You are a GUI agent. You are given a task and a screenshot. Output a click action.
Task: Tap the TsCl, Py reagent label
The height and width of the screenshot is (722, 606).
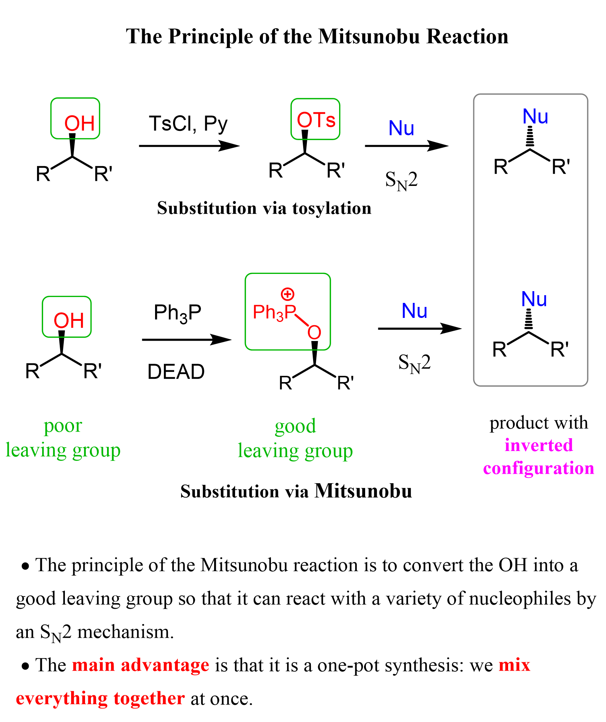(188, 124)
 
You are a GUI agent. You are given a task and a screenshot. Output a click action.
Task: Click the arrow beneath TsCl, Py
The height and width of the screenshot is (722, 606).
(189, 146)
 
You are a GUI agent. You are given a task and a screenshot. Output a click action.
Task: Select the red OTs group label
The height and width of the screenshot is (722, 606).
(316, 120)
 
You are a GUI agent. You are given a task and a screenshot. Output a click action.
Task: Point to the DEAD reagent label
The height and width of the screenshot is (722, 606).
(176, 372)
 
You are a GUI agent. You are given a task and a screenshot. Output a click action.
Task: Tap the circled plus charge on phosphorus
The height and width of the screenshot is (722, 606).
(287, 294)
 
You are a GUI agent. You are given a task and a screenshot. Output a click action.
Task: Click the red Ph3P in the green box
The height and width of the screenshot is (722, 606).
(274, 312)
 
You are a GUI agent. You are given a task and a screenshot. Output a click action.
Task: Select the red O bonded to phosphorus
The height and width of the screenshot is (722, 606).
(314, 333)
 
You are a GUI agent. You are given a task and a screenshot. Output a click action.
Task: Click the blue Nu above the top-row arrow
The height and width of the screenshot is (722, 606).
(401, 128)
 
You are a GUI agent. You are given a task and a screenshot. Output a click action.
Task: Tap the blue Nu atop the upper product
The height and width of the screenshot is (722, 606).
(535, 117)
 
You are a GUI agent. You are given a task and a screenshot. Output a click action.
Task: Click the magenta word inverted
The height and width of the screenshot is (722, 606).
(539, 446)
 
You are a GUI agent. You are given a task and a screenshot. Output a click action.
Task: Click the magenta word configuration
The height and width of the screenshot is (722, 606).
(539, 468)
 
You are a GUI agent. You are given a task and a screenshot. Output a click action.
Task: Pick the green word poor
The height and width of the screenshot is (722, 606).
(63, 426)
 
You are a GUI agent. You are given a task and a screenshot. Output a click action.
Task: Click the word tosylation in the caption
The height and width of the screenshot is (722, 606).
(332, 208)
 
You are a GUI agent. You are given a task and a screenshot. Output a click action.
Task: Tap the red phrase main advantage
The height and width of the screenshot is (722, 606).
(140, 665)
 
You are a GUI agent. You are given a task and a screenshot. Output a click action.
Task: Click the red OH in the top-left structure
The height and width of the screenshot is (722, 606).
(80, 123)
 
